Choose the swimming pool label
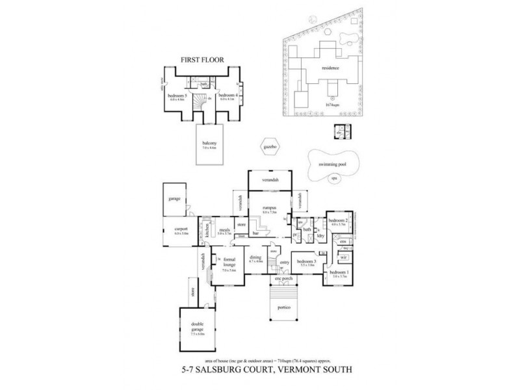pos(332,165)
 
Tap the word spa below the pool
pos(334,177)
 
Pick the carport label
pos(181,229)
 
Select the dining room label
pos(255,257)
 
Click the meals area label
pos(226,229)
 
